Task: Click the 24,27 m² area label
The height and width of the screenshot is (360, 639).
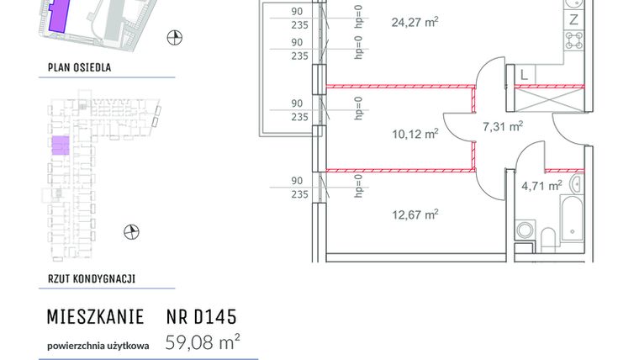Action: click(415, 22)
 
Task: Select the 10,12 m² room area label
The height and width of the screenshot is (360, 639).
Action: click(415, 134)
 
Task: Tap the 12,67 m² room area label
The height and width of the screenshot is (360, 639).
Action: click(415, 214)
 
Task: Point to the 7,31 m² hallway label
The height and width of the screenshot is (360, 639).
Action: click(503, 127)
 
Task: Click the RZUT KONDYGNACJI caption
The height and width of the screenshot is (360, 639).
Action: click(92, 279)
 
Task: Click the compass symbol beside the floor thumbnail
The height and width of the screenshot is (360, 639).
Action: click(130, 231)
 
